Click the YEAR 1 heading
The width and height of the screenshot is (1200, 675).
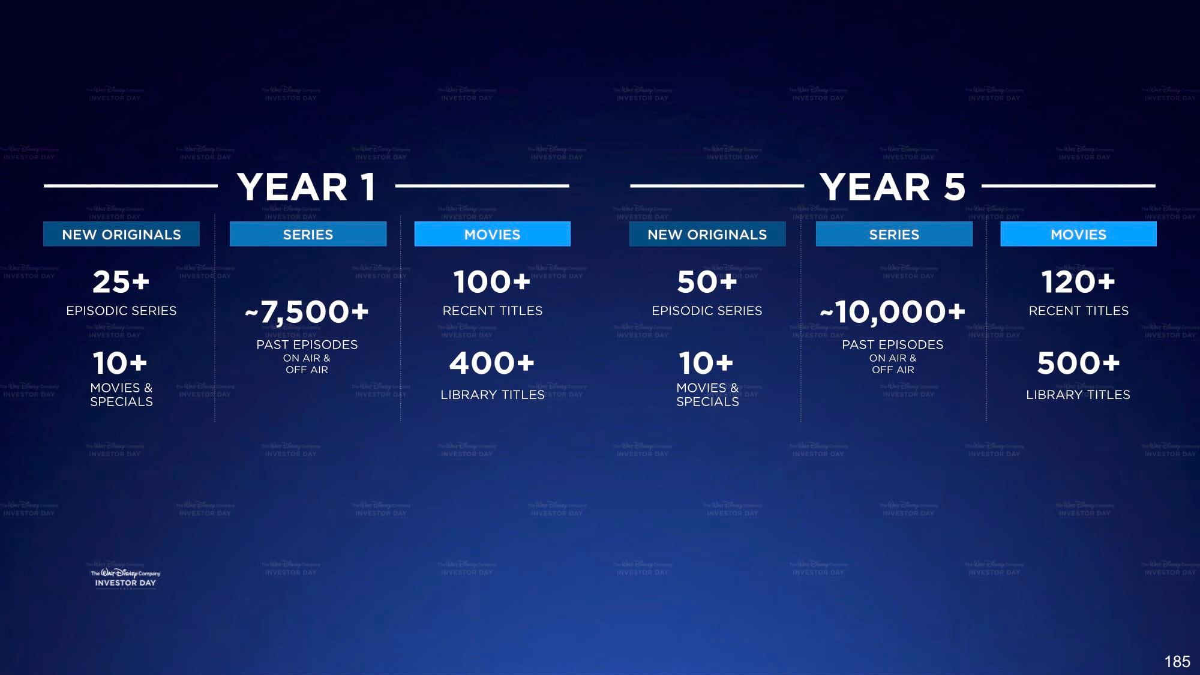point(307,187)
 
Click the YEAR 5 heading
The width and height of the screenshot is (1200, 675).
point(893,187)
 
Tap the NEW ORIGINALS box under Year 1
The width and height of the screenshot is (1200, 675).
point(121,234)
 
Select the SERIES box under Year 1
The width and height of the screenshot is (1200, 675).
point(308,234)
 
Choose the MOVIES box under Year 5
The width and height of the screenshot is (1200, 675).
point(1078,234)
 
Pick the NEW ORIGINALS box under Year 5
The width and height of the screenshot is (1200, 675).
point(707,234)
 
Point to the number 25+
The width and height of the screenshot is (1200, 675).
point(121,282)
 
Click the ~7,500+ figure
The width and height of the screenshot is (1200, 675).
point(307,312)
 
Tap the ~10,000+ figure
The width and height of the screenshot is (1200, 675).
point(893,312)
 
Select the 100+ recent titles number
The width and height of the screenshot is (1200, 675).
point(492,282)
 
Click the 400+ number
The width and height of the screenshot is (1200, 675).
point(492,363)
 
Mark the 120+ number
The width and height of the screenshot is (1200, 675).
point(1078,282)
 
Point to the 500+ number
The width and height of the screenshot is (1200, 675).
point(1078,363)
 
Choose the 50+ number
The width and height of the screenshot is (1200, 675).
point(707,282)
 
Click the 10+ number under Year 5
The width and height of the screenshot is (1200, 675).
point(706,363)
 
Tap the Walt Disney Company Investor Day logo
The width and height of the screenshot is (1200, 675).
point(125,578)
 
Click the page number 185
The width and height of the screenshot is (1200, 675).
point(1177,661)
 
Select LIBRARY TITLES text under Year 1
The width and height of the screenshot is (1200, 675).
point(493,394)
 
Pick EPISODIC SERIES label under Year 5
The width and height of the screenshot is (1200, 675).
point(707,310)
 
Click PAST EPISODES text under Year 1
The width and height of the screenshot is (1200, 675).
point(307,344)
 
